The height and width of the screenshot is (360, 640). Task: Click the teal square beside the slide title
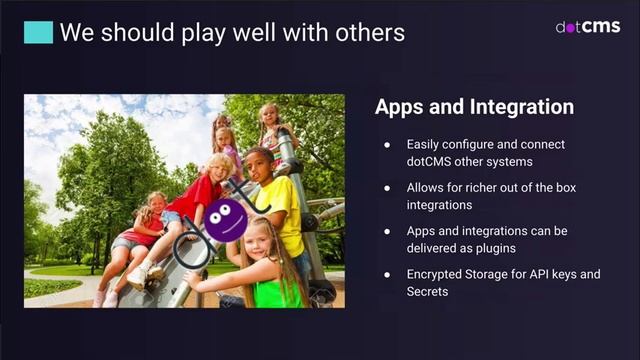pyautogui.click(x=38, y=32)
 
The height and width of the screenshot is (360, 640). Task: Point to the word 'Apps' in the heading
pyautogui.click(x=400, y=107)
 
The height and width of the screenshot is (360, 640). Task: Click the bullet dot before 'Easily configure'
pyautogui.click(x=386, y=145)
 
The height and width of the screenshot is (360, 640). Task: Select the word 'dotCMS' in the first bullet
pyautogui.click(x=429, y=161)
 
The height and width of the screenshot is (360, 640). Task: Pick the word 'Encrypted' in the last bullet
pyautogui.click(x=436, y=274)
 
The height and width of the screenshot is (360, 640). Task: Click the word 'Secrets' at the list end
pyautogui.click(x=428, y=291)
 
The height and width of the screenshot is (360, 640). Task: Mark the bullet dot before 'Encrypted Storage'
pyautogui.click(x=386, y=274)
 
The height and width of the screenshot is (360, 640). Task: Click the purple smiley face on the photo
pyautogui.click(x=225, y=219)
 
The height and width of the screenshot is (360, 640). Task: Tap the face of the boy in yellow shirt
pyautogui.click(x=259, y=162)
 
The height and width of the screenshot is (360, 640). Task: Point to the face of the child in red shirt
pyautogui.click(x=219, y=167)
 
